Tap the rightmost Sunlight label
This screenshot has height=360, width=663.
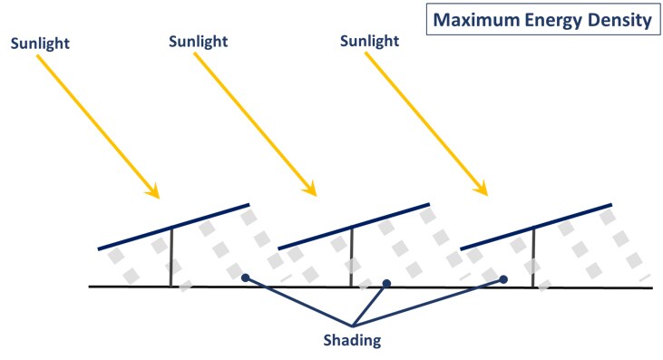click(x=369, y=42)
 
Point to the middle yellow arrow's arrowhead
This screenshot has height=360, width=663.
click(x=311, y=191)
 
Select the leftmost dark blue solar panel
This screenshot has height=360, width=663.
click(x=173, y=226)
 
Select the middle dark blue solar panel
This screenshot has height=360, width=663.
click(x=352, y=226)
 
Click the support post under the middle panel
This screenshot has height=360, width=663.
click(x=352, y=257)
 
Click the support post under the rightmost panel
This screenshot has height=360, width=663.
click(x=533, y=257)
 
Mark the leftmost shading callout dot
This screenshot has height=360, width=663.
click(x=245, y=277)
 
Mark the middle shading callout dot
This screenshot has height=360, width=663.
click(x=386, y=284)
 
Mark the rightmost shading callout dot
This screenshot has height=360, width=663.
click(x=503, y=279)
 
